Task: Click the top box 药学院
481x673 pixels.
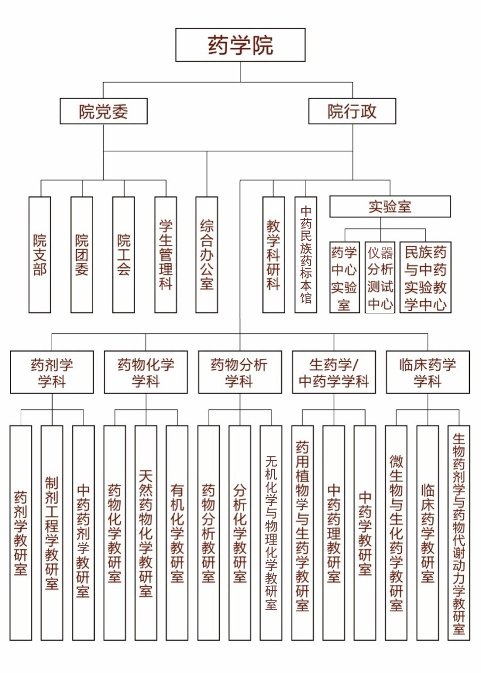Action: [x=240, y=45]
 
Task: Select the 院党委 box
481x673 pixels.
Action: [x=104, y=111]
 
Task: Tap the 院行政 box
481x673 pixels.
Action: [x=352, y=111]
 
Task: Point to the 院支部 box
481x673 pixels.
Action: [x=39, y=255]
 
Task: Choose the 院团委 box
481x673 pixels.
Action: [x=81, y=255]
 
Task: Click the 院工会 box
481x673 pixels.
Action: [x=123, y=255]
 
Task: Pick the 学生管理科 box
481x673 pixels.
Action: [x=165, y=255]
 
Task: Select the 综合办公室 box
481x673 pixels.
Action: [x=206, y=255]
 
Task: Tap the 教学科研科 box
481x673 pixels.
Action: [x=273, y=255]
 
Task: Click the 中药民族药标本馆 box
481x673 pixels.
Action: [x=305, y=255]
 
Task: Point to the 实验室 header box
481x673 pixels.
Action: [x=390, y=207]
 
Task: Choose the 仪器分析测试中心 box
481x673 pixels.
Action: [x=380, y=277]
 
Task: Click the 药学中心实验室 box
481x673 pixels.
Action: [x=344, y=277]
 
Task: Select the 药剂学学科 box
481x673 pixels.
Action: [x=52, y=372]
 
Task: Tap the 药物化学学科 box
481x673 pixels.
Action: [x=146, y=372]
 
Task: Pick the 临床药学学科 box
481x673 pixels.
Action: [x=428, y=372]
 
